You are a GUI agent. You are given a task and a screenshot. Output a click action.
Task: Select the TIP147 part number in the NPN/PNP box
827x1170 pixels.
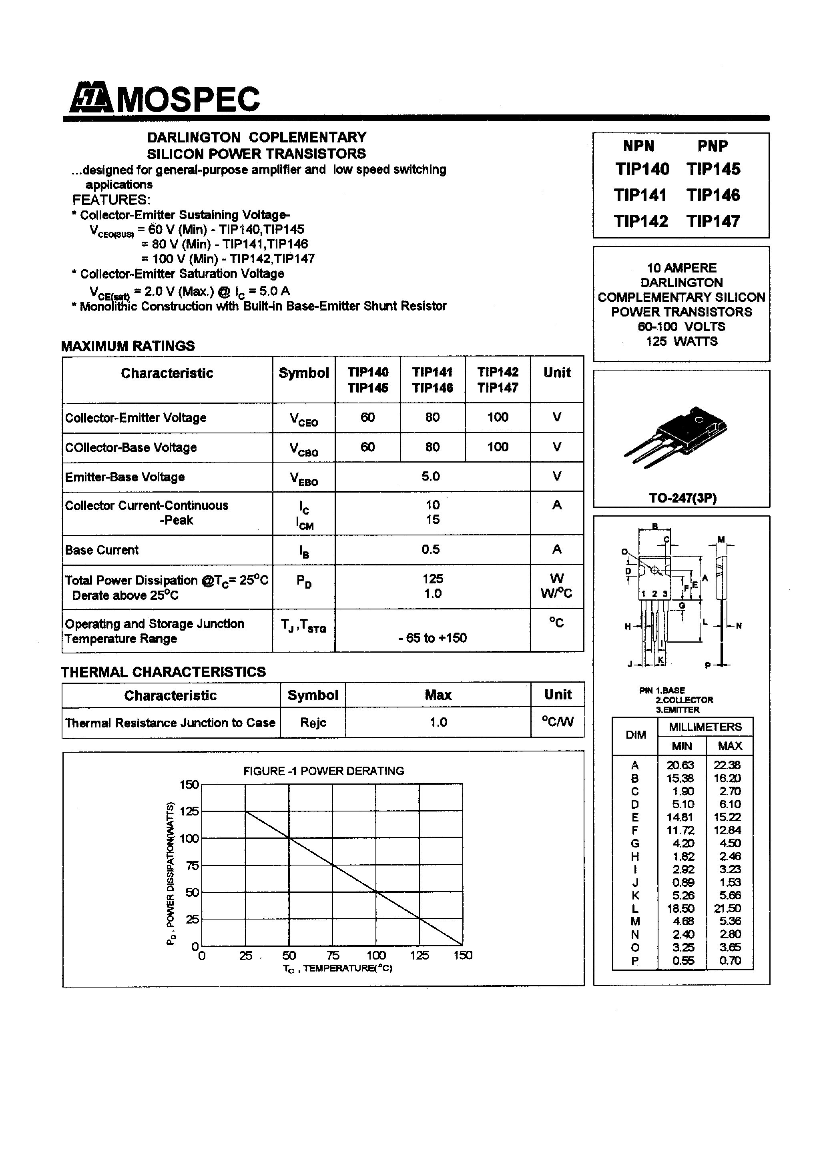click(x=713, y=221)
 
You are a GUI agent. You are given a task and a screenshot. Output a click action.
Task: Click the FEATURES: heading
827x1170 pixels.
click(x=111, y=199)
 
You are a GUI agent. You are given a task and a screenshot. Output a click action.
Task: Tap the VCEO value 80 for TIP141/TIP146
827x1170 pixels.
click(x=432, y=417)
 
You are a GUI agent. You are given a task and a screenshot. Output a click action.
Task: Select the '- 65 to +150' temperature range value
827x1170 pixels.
click(x=432, y=638)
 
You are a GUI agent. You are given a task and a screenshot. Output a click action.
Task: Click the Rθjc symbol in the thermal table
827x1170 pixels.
click(x=313, y=723)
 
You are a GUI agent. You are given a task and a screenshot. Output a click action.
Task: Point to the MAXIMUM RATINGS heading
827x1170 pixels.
click(x=128, y=346)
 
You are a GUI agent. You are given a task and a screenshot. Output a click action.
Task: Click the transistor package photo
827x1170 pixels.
click(x=676, y=436)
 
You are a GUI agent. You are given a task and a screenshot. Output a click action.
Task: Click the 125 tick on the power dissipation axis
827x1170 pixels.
click(x=189, y=811)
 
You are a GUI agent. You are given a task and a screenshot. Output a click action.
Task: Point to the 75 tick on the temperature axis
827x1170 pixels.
click(x=332, y=956)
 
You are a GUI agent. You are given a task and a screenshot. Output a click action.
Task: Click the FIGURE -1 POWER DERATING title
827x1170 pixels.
click(x=323, y=771)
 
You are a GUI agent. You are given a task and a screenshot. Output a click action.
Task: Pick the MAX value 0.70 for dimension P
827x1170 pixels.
click(x=730, y=961)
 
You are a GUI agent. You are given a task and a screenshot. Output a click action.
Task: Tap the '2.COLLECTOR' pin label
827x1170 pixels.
click(x=684, y=700)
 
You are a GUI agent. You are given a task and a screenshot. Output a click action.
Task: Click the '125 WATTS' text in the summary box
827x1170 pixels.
click(x=681, y=341)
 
